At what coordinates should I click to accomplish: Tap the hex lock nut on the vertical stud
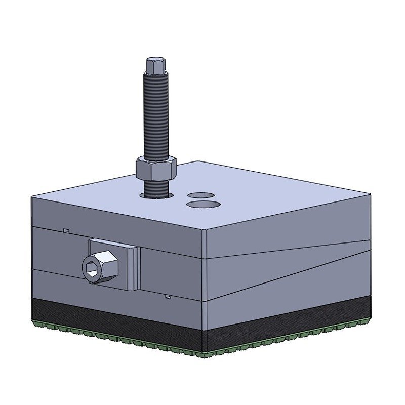pyautogui.click(x=155, y=169)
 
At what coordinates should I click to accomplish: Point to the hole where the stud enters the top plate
pyautogui.click(x=157, y=193)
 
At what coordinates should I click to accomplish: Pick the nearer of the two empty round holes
pyautogui.click(x=204, y=204)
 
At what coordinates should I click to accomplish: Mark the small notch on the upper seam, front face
pyautogui.click(x=66, y=231)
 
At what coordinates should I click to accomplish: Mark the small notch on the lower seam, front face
pyautogui.click(x=167, y=297)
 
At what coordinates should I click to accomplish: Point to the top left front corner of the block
pyautogui.click(x=31, y=197)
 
